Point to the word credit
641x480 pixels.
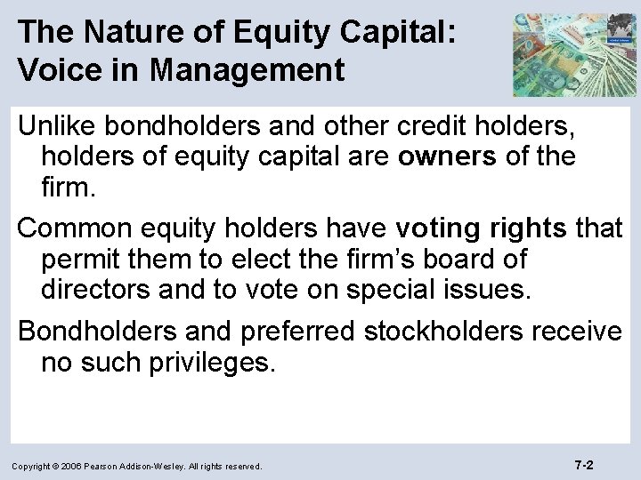[423, 129]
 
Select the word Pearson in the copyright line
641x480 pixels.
[112, 466]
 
